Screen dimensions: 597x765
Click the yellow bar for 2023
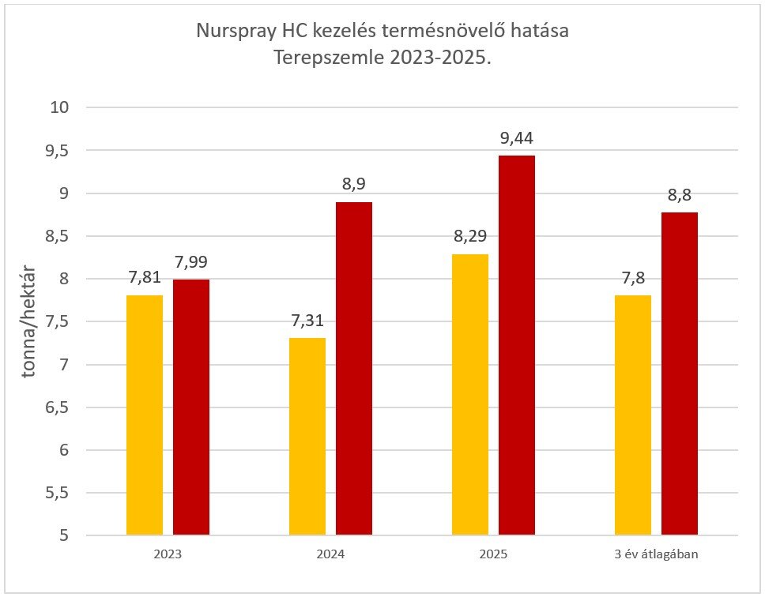145,415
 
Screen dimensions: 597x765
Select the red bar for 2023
191,407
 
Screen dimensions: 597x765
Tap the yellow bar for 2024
307,437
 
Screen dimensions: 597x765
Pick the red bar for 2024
354,369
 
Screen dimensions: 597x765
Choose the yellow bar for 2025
470,395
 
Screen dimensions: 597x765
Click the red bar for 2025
517,346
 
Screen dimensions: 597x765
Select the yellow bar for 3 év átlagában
633,415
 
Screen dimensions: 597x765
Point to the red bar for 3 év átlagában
680,374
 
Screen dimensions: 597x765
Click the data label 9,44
517,139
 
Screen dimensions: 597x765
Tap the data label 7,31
307,321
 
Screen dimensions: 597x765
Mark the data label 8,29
470,237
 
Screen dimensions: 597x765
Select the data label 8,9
354,185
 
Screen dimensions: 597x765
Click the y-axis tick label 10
60,107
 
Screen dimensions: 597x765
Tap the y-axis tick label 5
62,536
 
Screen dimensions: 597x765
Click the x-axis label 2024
330,554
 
